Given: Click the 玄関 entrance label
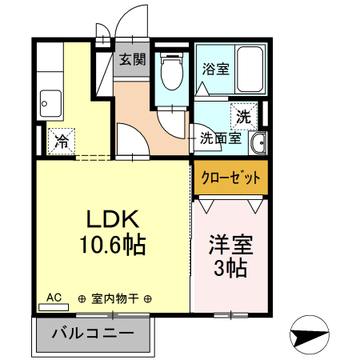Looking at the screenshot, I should pos(130,59).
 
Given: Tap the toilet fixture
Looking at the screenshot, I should pos(170,71).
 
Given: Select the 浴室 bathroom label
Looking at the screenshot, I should pos(216,68).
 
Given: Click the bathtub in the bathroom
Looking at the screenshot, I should pos(254,70).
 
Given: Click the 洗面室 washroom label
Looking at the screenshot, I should pos(219,138).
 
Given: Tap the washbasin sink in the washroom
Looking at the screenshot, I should pos(258,144).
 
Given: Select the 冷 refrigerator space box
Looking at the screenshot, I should pos(61,142).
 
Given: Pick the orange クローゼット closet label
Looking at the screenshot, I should pos(229,178).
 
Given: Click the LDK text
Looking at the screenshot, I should pos(114,219).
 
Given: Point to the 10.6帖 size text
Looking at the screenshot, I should pos(114,246).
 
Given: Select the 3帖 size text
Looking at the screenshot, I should pos(229,266).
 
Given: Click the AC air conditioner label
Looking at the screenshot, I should pos(54,297).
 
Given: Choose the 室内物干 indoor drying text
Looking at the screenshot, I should pos(115,299).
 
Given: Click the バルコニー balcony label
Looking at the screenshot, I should pos(93,333).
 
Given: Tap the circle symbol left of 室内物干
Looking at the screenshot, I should pos(82,299).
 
